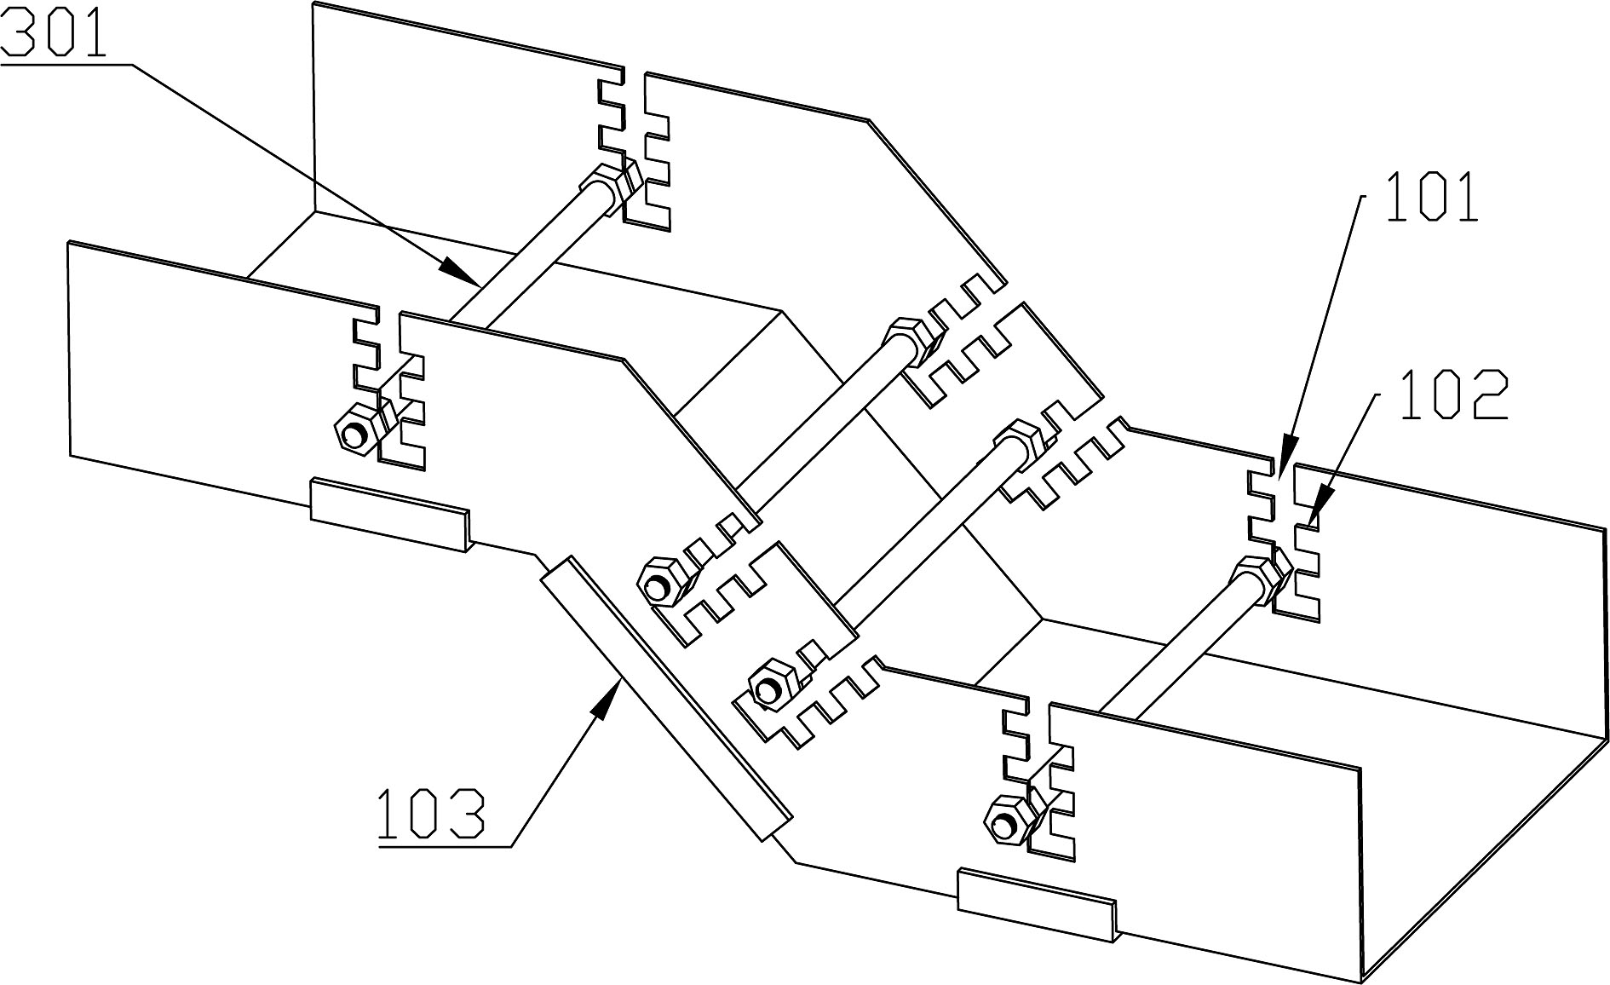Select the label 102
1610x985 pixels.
click(x=1454, y=395)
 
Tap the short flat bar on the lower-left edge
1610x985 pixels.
click(x=388, y=515)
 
